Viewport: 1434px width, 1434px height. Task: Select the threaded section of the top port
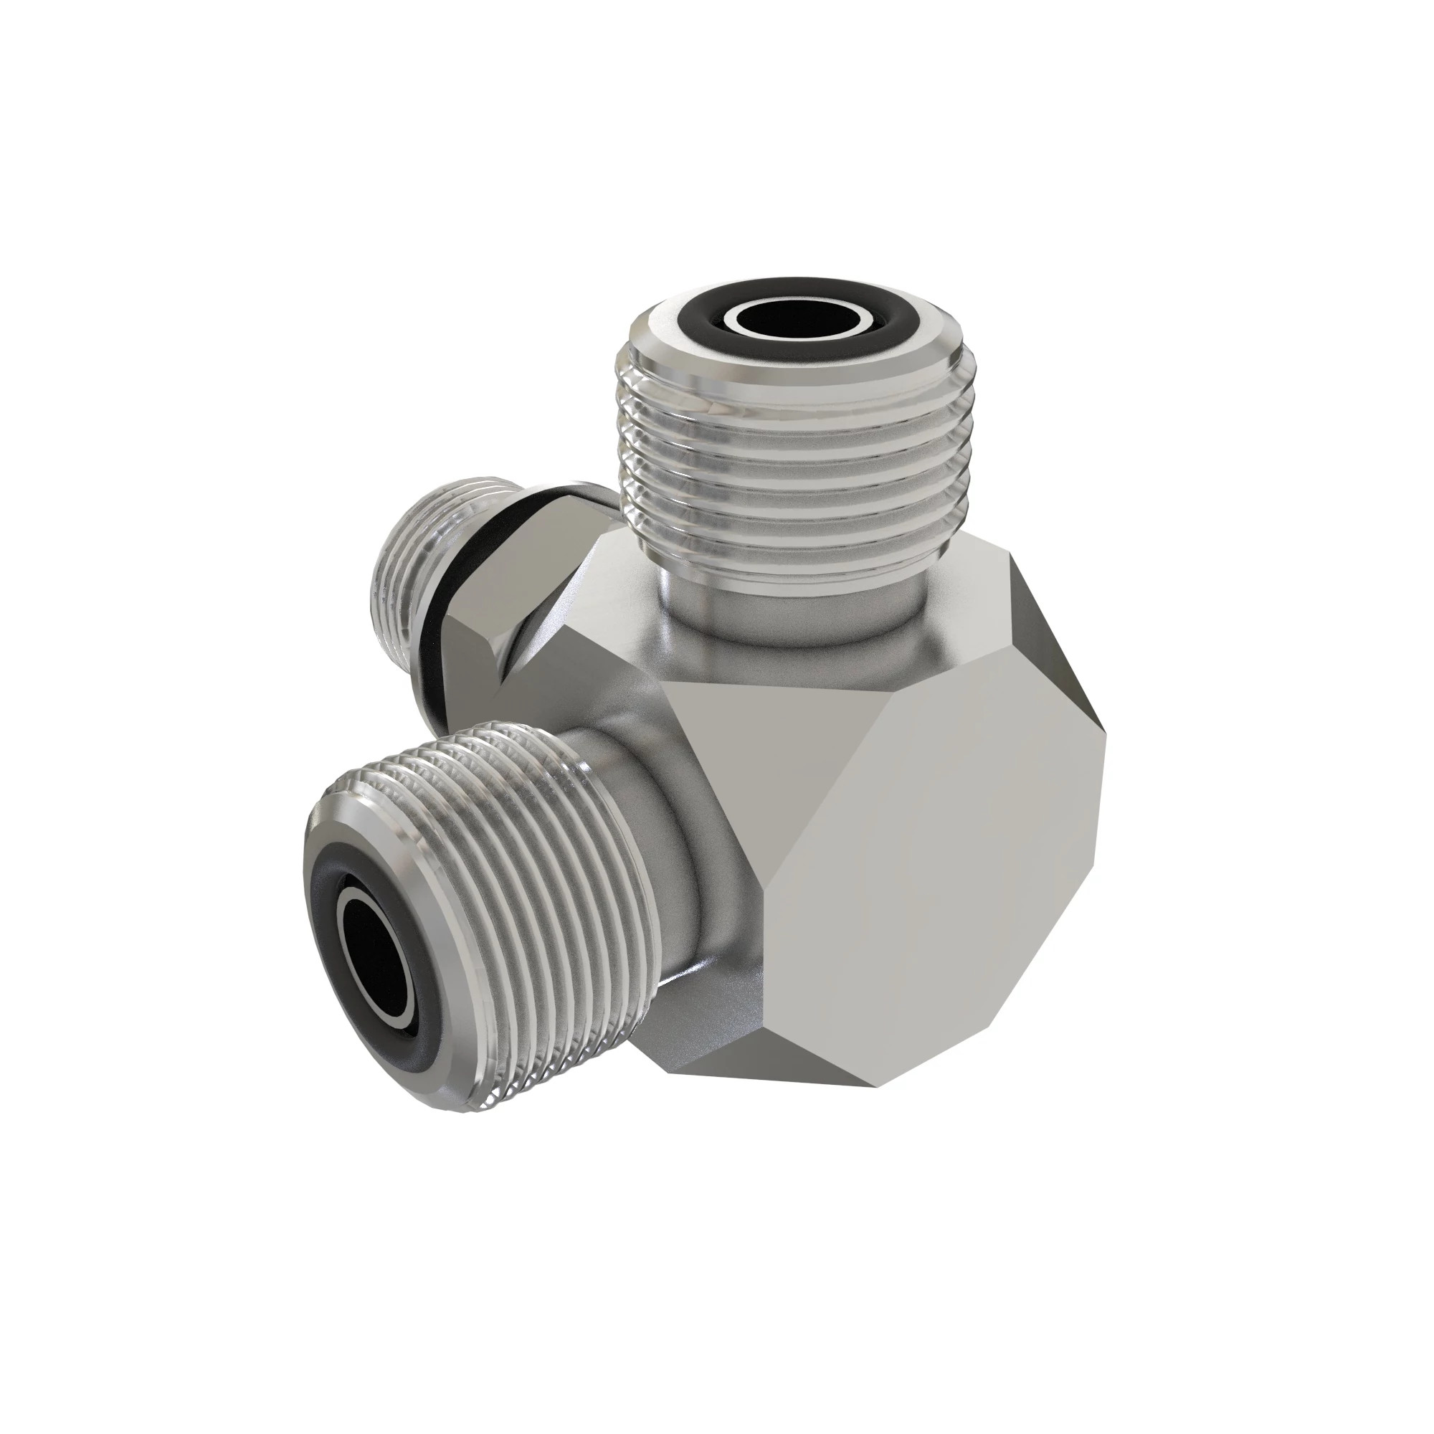pos(790,475)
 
